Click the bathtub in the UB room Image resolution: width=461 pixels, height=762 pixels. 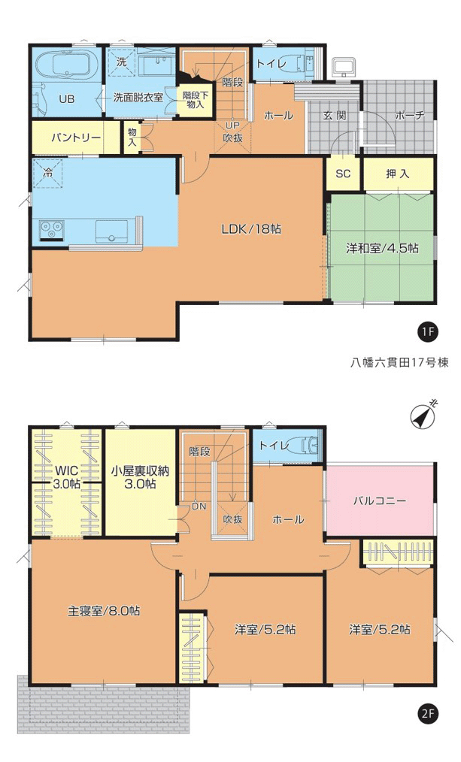point(67,67)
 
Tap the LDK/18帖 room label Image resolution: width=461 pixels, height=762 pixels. point(251,229)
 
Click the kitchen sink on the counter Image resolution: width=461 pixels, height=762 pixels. point(112,231)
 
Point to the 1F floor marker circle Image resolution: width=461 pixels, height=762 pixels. point(427,332)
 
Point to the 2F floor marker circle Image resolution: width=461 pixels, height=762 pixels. point(427,714)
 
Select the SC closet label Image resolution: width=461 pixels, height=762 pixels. point(343,174)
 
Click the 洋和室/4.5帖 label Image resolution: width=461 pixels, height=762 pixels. point(382,248)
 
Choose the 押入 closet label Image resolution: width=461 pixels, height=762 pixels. point(398,174)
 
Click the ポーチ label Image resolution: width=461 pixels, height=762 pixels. point(410,116)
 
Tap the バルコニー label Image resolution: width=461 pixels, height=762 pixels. point(379,500)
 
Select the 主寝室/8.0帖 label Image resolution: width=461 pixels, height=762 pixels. point(104,610)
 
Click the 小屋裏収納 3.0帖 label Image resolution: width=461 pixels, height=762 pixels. point(140,477)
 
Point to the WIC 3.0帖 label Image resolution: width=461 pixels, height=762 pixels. point(67,476)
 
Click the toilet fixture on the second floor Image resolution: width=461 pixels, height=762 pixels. point(308,445)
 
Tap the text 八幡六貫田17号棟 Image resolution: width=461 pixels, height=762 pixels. point(399,362)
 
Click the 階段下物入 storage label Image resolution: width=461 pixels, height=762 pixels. point(195,100)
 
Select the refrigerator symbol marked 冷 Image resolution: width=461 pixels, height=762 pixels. point(48,173)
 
